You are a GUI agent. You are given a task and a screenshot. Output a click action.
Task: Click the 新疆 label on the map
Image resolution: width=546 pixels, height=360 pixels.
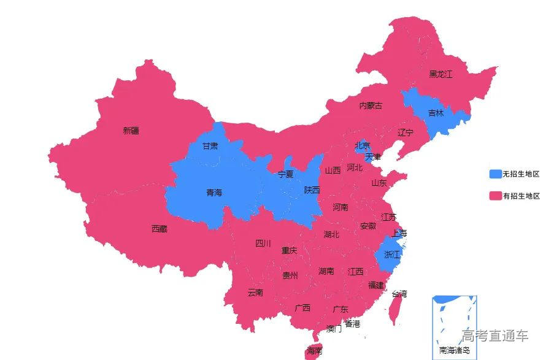(131, 130)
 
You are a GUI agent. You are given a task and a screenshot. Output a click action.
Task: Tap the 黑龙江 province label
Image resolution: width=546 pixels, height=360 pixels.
(440, 74)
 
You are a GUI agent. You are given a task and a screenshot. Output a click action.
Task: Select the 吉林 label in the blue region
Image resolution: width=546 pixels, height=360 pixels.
(436, 113)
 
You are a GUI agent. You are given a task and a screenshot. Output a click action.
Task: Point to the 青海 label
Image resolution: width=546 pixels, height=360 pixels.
(214, 193)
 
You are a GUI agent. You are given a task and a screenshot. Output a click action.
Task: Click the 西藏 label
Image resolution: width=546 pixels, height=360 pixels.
(159, 229)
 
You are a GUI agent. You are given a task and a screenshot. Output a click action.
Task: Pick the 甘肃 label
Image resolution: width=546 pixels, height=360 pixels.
(210, 146)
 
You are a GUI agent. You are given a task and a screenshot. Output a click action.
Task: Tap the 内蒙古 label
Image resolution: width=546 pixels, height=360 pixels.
(371, 105)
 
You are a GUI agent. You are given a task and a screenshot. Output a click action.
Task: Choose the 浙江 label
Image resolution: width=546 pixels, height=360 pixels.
(391, 255)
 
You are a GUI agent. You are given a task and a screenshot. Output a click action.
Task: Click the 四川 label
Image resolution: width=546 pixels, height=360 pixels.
(263, 243)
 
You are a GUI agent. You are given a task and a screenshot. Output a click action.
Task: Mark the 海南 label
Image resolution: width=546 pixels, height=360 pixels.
(314, 351)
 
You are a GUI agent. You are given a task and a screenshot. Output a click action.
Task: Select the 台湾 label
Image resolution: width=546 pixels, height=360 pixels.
(399, 294)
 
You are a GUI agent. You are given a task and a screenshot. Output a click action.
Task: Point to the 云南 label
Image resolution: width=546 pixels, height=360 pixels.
(255, 293)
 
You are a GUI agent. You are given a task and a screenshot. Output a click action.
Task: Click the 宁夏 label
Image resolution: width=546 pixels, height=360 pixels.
(286, 174)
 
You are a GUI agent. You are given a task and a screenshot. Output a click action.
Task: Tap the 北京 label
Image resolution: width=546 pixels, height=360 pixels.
(363, 145)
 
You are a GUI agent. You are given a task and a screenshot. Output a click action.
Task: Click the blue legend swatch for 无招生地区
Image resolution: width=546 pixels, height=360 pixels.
(495, 174)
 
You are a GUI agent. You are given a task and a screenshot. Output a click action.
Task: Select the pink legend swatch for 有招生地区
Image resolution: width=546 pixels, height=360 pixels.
(495, 196)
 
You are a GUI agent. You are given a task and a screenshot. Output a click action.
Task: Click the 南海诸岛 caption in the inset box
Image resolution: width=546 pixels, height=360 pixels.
(455, 351)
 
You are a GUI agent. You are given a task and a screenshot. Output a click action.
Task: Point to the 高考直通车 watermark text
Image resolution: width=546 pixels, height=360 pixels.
(495, 335)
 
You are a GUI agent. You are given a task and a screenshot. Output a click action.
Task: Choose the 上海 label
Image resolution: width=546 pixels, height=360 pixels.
(399, 233)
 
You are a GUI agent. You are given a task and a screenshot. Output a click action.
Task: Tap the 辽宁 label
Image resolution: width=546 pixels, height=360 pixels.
(406, 132)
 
